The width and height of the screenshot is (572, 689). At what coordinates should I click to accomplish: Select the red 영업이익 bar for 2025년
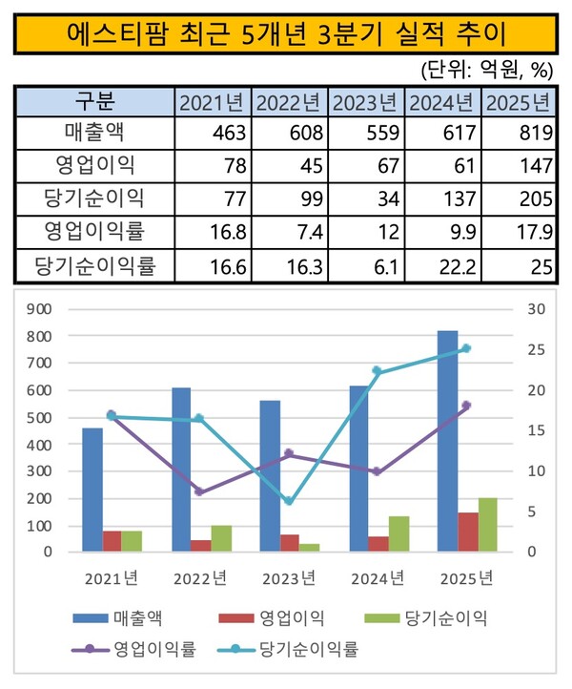(468, 532)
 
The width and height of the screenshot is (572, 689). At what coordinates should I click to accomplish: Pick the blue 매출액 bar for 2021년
(92, 490)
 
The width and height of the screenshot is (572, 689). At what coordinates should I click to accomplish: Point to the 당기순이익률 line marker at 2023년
(289, 501)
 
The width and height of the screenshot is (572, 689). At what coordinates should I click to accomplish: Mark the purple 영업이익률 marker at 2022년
(199, 491)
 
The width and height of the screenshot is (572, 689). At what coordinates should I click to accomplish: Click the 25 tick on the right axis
(534, 349)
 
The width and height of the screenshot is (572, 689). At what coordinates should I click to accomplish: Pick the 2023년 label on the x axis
(289, 577)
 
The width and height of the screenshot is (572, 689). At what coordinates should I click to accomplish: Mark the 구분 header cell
(93, 101)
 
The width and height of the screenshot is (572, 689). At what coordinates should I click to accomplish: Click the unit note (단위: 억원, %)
(487, 70)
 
